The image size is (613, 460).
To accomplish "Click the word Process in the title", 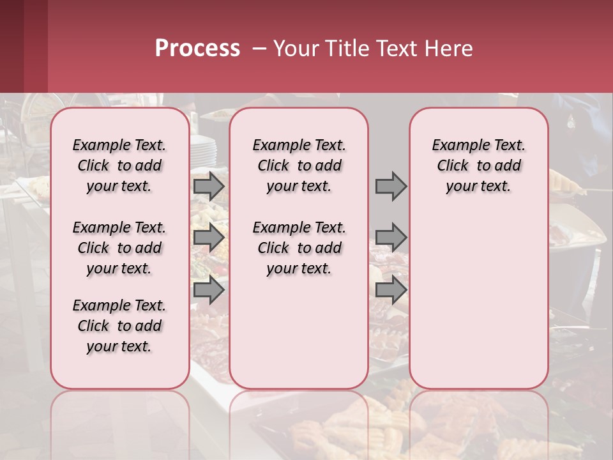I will [x=197, y=49].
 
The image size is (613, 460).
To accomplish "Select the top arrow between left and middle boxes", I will [x=209, y=187].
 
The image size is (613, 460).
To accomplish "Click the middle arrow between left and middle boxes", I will [x=209, y=238].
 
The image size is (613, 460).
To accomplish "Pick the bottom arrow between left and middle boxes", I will [x=209, y=290].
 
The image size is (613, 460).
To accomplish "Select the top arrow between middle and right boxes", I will [x=391, y=187].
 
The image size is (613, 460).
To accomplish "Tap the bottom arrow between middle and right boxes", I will [x=391, y=290].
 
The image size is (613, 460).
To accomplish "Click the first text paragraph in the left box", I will [x=119, y=165].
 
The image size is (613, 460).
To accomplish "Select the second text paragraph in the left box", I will [x=119, y=248].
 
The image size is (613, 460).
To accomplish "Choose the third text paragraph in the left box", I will [x=119, y=326].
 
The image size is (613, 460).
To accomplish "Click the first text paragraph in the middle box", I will [x=299, y=165].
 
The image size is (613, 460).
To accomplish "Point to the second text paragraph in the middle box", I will [x=299, y=248].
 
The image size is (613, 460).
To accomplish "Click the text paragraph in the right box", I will [x=478, y=165].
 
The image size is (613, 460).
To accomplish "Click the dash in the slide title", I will [x=259, y=49].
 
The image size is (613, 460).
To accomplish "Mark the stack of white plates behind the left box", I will [x=204, y=148].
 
